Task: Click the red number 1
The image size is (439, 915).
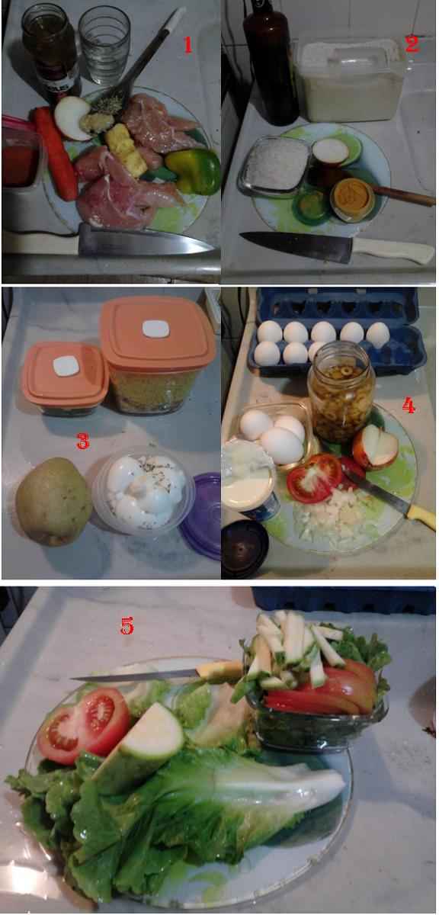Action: point(187,45)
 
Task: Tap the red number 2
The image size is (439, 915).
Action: point(412,43)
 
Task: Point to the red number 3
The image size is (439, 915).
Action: point(83,441)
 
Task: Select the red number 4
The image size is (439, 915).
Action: point(409,406)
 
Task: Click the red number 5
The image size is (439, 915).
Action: point(127,625)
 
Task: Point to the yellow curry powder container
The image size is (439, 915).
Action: point(353,199)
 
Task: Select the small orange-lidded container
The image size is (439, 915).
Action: point(66,378)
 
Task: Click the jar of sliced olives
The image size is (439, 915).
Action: point(341,392)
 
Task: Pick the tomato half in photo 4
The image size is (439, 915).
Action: point(314,477)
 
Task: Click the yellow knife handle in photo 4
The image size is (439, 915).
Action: point(421,517)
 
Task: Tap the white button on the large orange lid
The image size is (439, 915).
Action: point(155,329)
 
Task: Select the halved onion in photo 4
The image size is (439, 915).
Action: point(375,447)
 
